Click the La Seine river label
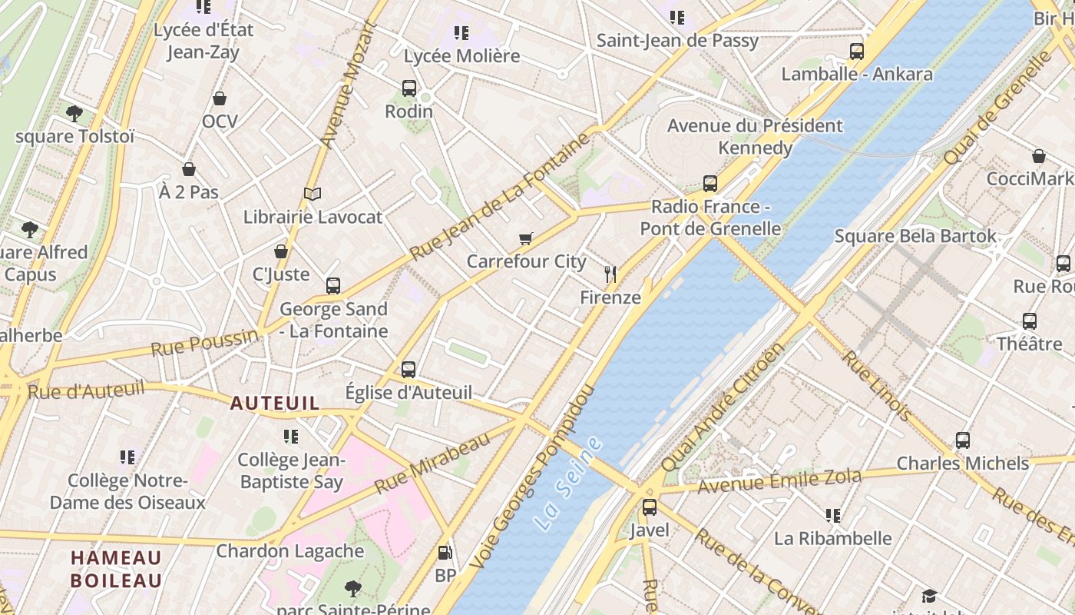click(568, 484)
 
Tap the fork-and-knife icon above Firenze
click(610, 274)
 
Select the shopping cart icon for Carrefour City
click(526, 239)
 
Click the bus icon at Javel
click(650, 507)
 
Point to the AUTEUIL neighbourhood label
click(275, 403)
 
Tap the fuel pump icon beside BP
click(445, 553)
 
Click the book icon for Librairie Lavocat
click(312, 194)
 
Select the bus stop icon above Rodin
click(409, 88)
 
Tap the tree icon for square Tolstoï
click(74, 114)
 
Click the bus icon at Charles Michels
click(963, 440)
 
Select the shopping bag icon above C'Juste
click(281, 251)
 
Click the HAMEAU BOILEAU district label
click(117, 569)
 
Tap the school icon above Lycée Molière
click(461, 33)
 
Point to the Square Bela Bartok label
click(915, 236)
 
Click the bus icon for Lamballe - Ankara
click(857, 52)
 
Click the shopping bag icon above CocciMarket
click(1039, 156)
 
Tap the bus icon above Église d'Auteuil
click(408, 369)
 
